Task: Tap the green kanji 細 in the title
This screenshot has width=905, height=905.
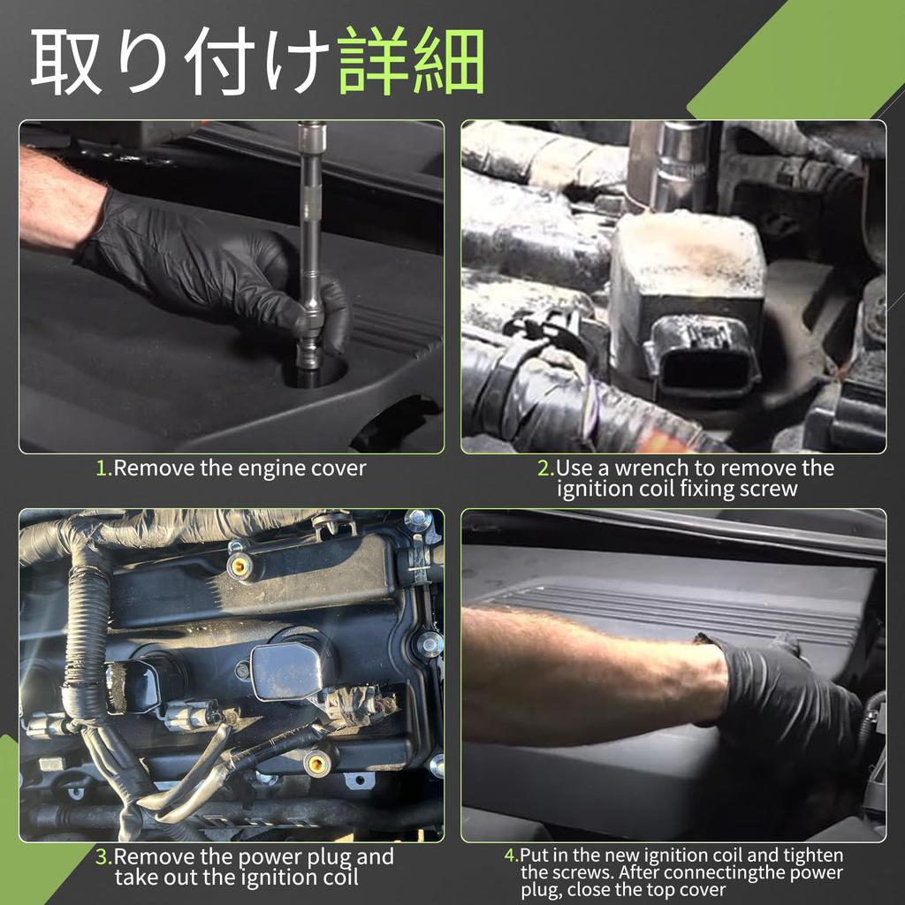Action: [x=449, y=60]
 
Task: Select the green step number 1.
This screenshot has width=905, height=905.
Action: [x=103, y=468]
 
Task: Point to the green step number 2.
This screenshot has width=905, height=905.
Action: [x=544, y=468]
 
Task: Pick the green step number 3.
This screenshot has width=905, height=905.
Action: [x=103, y=857]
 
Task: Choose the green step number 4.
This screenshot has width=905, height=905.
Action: [x=510, y=856]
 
